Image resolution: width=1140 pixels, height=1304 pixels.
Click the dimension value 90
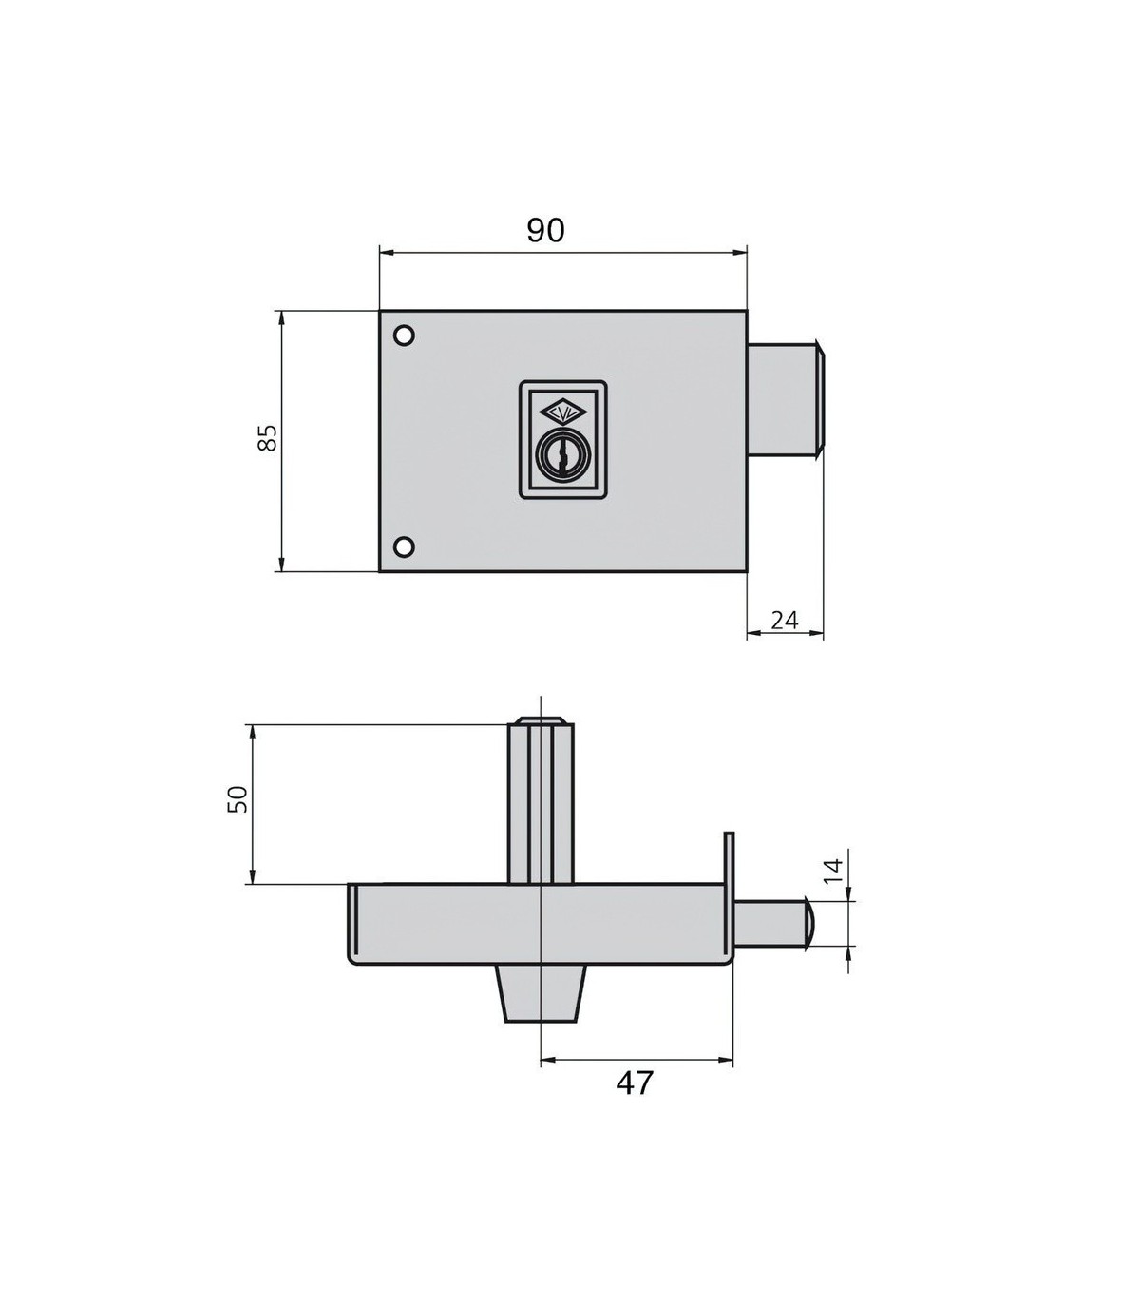[x=546, y=231]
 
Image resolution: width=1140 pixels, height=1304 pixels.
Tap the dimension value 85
[x=268, y=437]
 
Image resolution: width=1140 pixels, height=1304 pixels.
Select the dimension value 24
[x=784, y=620]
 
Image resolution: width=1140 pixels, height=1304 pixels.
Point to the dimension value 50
[x=237, y=798]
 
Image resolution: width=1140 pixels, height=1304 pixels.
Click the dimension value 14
[x=833, y=871]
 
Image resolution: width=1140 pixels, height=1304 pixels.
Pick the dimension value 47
[x=635, y=1083]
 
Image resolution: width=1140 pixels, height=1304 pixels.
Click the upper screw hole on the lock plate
[x=404, y=336]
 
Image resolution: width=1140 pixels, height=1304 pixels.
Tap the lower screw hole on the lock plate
[x=404, y=547]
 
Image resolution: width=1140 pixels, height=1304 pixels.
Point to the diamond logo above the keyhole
[x=560, y=413]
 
